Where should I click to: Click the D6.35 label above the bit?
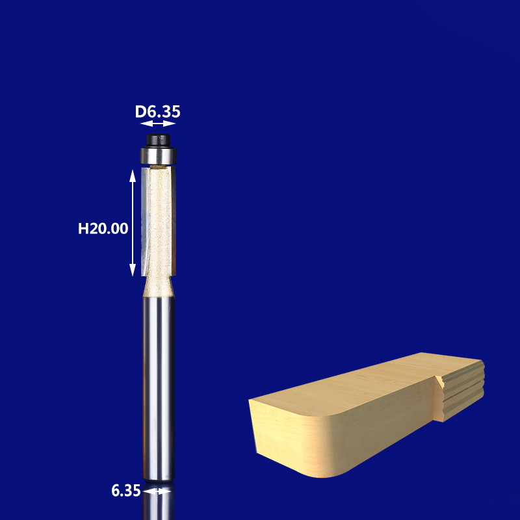pyautogui.click(x=157, y=112)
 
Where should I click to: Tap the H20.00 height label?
pyautogui.click(x=103, y=228)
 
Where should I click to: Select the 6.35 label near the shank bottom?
pyautogui.click(x=126, y=491)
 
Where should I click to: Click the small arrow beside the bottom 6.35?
pyautogui.click(x=157, y=492)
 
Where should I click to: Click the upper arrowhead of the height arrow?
pyautogui.click(x=133, y=173)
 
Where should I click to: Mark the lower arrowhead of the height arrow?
pyautogui.click(x=133, y=272)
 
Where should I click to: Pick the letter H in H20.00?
pyautogui.click(x=83, y=228)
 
